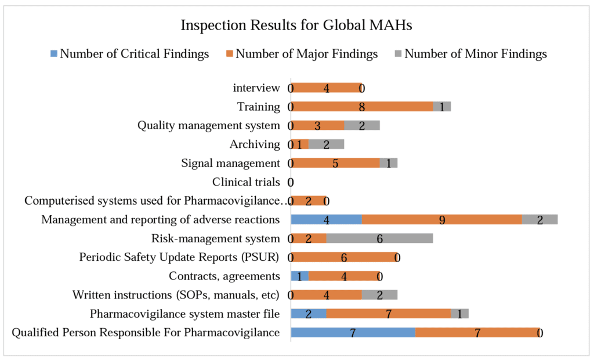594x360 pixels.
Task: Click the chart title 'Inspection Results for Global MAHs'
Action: click(x=296, y=26)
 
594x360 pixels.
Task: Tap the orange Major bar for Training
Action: click(x=362, y=107)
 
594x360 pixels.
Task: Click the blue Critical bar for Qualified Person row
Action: click(x=353, y=333)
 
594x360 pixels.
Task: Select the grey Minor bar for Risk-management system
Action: click(x=379, y=239)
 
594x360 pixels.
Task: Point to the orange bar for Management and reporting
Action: click(x=441, y=220)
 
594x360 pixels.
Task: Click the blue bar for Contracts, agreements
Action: click(x=299, y=277)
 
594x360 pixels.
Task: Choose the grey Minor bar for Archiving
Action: click(x=326, y=144)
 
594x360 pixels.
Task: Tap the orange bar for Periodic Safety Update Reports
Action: click(x=344, y=257)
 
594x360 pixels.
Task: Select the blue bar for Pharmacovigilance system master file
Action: click(x=308, y=314)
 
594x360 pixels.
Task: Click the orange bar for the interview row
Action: click(x=326, y=88)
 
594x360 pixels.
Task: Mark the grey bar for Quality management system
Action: click(x=362, y=126)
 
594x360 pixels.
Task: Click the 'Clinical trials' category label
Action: click(x=246, y=182)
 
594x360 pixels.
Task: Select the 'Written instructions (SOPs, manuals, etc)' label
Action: click(x=176, y=295)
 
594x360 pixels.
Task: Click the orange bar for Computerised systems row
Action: click(x=308, y=201)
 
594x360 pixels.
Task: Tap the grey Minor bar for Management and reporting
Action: click(x=539, y=220)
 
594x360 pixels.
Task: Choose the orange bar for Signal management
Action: click(x=335, y=163)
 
